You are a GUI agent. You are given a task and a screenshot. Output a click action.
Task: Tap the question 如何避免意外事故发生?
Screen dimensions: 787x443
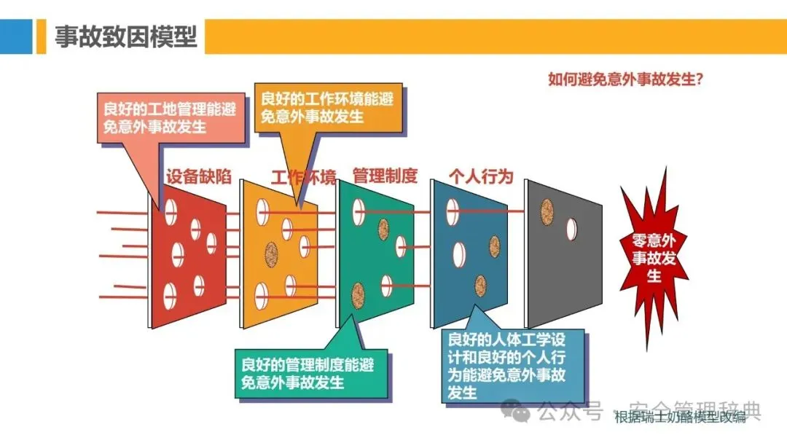click(624, 79)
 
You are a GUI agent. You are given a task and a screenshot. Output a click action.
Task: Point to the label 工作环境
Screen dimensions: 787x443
click(304, 177)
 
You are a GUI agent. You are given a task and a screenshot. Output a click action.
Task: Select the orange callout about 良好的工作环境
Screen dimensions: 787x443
click(327, 107)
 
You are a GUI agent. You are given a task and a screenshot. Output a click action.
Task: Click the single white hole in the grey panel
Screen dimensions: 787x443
click(572, 229)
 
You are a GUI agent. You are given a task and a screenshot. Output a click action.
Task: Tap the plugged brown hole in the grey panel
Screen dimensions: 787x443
click(545, 212)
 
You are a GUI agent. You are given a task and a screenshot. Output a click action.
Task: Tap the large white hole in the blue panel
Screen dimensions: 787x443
click(459, 254)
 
